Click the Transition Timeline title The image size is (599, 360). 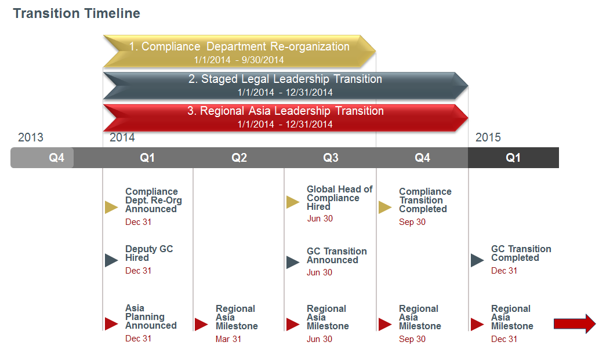(77, 13)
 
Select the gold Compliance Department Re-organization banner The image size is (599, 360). (239, 51)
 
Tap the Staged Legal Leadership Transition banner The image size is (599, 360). (285, 85)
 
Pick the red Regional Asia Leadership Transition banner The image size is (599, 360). (285, 117)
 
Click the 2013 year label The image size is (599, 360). (31, 137)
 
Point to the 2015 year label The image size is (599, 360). (488, 137)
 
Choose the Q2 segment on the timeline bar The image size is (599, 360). (239, 158)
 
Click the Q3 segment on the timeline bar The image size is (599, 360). (331, 158)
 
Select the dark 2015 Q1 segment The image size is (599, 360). (513, 158)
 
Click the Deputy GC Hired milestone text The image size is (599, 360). (149, 253)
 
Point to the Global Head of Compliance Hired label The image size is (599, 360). (339, 198)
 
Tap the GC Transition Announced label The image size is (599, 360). (336, 256)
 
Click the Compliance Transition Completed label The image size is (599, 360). (425, 200)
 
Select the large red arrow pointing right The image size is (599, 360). (574, 323)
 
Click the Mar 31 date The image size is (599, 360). (228, 339)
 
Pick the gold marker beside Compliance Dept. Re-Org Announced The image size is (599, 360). (111, 208)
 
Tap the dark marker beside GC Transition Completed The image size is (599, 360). (477, 260)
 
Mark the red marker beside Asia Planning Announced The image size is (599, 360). (111, 323)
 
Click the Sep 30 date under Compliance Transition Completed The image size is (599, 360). (412, 222)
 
